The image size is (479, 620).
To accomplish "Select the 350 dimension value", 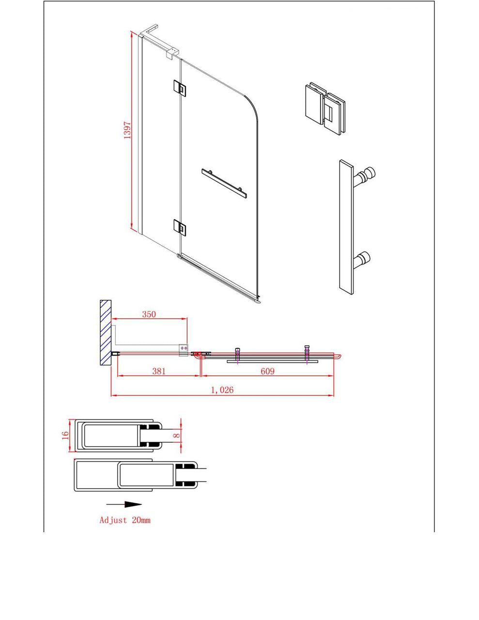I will click(149, 314).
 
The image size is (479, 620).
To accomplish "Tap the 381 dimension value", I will click(159, 371).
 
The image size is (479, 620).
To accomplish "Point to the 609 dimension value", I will click(267, 371).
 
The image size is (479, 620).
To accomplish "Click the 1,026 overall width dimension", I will click(222, 390).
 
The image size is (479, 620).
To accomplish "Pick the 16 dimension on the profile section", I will click(65, 435).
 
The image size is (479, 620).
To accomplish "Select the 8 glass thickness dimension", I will click(177, 435).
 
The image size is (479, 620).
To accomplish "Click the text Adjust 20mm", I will click(125, 520).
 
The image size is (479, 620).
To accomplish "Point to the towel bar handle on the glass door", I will click(224, 182).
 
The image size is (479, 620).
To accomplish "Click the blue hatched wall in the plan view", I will click(106, 332).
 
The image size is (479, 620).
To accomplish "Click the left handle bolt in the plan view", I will click(237, 354).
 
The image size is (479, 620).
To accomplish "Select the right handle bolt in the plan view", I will click(307, 353).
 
